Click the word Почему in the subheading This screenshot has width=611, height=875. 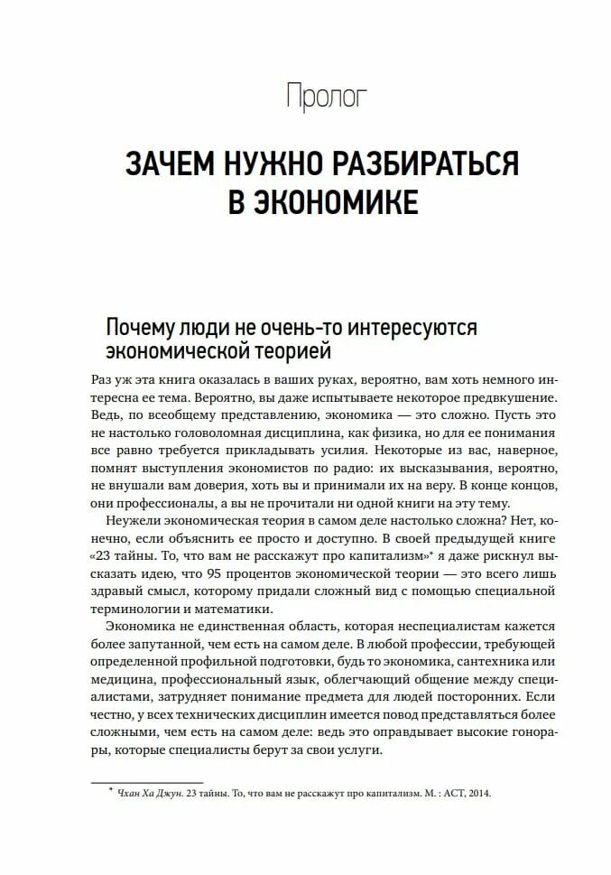click(143, 327)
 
